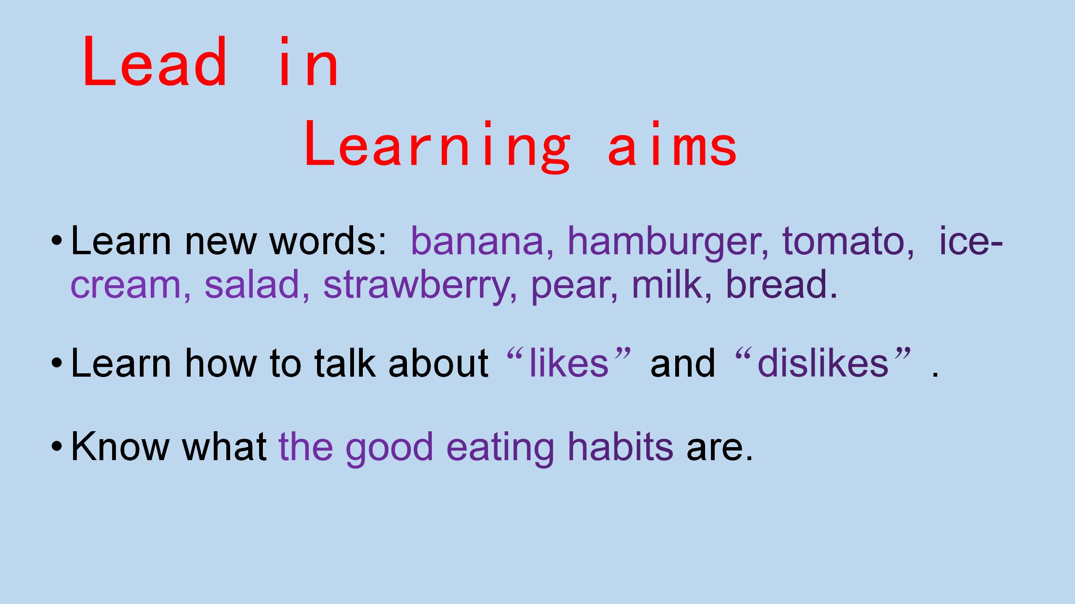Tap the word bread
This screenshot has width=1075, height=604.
click(781, 284)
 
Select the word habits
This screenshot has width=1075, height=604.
click(621, 446)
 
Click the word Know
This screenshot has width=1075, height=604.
click(120, 446)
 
